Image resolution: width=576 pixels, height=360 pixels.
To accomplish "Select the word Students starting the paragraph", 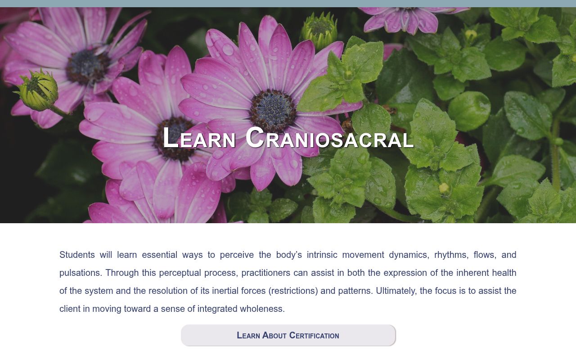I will coord(77,255).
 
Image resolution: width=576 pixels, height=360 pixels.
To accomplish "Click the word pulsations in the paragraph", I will coord(80,273).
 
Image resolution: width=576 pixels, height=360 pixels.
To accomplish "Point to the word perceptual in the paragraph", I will coord(180,273).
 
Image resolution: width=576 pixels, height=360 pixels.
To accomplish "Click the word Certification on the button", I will coord(314,335).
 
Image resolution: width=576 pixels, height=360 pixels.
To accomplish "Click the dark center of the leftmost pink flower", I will coord(87,67).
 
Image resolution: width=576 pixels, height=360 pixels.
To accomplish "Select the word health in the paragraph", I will coord(504,273).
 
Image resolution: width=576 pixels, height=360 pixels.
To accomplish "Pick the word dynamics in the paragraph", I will coord(408,255).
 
